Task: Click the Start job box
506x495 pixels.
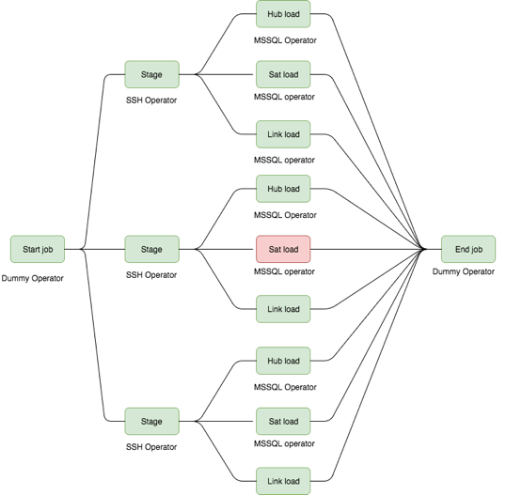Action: pyautogui.click(x=38, y=249)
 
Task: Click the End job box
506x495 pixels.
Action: pyautogui.click(x=468, y=249)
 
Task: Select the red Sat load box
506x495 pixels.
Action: pyautogui.click(x=283, y=249)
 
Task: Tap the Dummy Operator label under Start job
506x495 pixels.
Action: pyautogui.click(x=33, y=279)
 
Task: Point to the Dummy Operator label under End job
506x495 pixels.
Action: pyautogui.click(x=464, y=271)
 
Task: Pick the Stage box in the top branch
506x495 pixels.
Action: pyautogui.click(x=151, y=73)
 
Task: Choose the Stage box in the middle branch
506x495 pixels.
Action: pyautogui.click(x=151, y=249)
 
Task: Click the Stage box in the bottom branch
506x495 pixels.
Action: pyautogui.click(x=151, y=422)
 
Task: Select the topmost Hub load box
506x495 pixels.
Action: pyautogui.click(x=283, y=15)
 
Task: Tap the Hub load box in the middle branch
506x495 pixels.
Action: pyautogui.click(x=283, y=189)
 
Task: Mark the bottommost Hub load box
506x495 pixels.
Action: pyautogui.click(x=283, y=361)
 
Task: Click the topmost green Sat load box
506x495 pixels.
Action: pyautogui.click(x=283, y=73)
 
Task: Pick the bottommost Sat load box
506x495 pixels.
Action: pyautogui.click(x=283, y=422)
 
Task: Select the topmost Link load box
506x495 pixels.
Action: pyautogui.click(x=283, y=134)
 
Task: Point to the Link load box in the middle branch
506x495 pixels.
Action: pyautogui.click(x=283, y=309)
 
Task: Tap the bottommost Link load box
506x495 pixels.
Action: pyautogui.click(x=283, y=481)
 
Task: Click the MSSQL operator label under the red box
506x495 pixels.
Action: pyautogui.click(x=284, y=272)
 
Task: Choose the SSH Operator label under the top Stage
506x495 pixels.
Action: pyautogui.click(x=151, y=101)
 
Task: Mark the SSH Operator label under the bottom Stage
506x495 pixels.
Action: pyautogui.click(x=151, y=447)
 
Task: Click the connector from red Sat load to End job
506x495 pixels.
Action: pyautogui.click(x=367, y=249)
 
